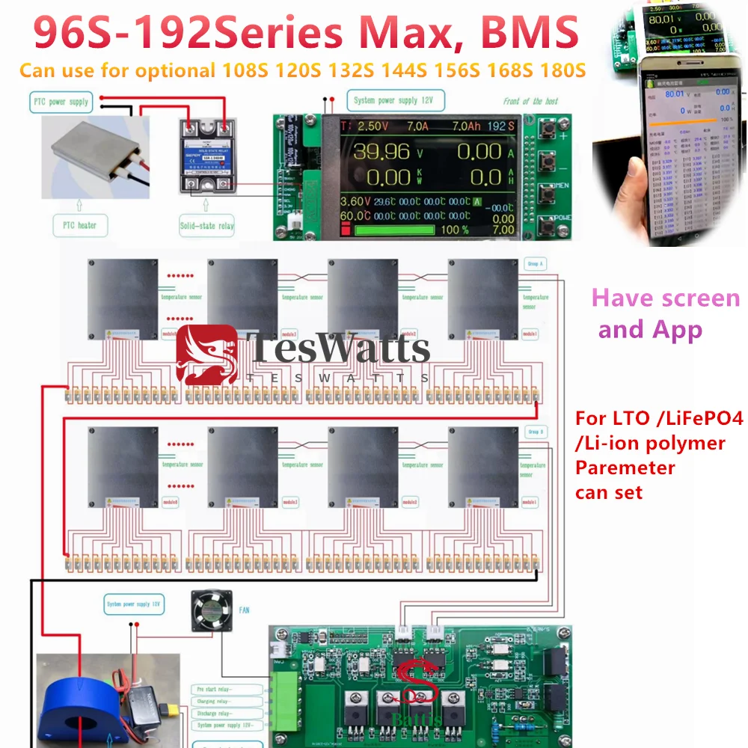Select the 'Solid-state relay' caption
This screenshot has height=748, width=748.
(x=207, y=224)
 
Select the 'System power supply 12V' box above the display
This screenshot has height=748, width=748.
(x=395, y=101)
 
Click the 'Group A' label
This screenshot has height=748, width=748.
(x=536, y=264)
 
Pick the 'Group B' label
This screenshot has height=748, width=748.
(x=536, y=432)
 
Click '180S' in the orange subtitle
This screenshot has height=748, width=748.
(x=561, y=72)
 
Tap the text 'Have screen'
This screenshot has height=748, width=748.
(x=666, y=298)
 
